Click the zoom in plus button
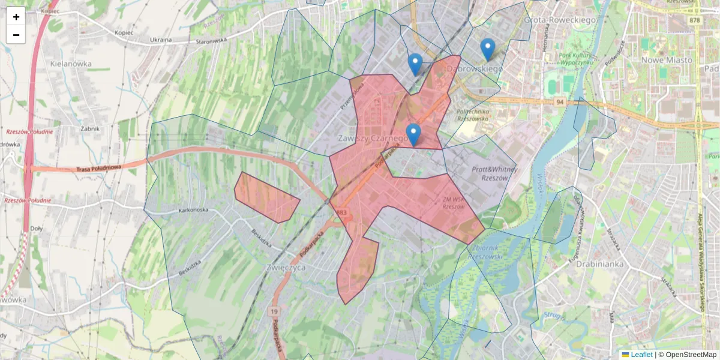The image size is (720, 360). pyautogui.click(x=16, y=16)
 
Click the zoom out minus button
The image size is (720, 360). pyautogui.click(x=16, y=35)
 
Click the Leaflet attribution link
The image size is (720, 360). pyautogui.click(x=641, y=355)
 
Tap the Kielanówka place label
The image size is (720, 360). pyautogui.click(x=71, y=64)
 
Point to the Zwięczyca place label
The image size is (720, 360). pyautogui.click(x=285, y=268)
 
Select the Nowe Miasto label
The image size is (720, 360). pyautogui.click(x=667, y=60)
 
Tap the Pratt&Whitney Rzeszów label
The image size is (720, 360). pyautogui.click(x=490, y=174)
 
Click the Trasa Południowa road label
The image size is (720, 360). pyautogui.click(x=99, y=169)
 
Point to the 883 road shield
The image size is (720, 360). pyautogui.click(x=342, y=212)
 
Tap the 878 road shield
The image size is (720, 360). pyautogui.click(x=695, y=20)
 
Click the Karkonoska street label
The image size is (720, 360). pyautogui.click(x=193, y=210)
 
